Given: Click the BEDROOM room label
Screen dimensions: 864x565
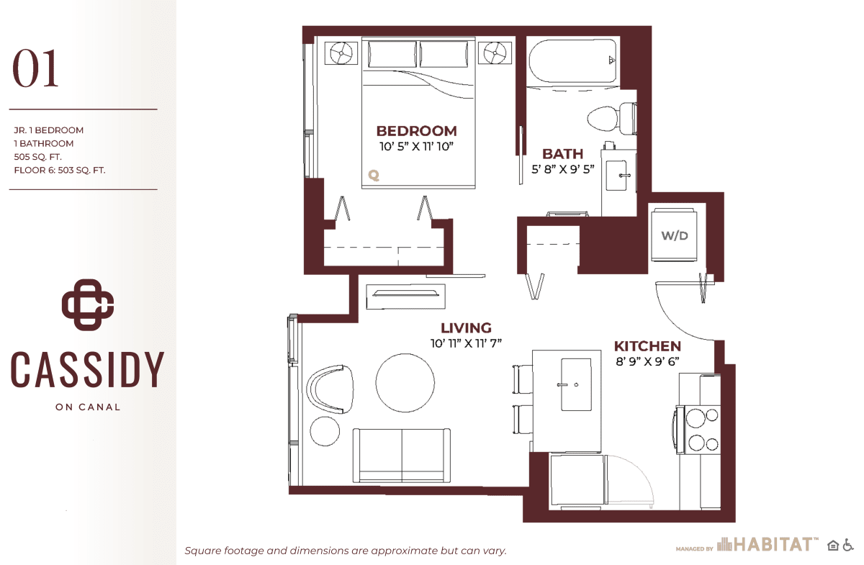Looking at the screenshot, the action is (x=417, y=131).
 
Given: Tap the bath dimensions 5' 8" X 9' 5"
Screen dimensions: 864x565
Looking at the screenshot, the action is (x=563, y=169).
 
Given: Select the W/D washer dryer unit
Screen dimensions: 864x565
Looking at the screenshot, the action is (x=674, y=235).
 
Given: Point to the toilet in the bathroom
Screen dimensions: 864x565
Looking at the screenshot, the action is (x=612, y=119).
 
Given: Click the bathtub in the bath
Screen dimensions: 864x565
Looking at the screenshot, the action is (x=572, y=60).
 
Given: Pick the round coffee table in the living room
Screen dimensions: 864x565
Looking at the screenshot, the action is (x=405, y=383).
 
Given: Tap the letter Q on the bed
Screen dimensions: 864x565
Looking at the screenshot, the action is (x=374, y=176).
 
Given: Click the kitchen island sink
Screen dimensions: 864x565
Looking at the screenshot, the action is (x=576, y=384).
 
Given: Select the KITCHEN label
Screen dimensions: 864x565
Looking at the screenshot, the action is (x=647, y=346).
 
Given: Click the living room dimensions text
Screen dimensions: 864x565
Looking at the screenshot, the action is (x=466, y=343).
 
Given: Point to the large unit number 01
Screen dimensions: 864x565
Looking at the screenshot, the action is (x=35, y=68).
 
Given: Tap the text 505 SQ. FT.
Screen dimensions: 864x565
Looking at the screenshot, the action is (x=37, y=157).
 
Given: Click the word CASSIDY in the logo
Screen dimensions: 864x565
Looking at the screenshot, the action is (x=87, y=369).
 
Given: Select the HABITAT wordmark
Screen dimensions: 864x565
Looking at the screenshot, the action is (x=775, y=545).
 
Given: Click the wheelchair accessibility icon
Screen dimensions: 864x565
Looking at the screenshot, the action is (x=848, y=546).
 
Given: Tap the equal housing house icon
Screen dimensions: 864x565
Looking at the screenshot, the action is (x=833, y=546).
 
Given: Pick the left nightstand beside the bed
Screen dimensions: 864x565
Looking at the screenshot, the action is (x=341, y=53).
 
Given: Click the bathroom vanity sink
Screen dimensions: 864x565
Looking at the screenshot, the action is (x=617, y=176).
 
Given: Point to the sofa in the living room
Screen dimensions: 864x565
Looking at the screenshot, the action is (x=402, y=455).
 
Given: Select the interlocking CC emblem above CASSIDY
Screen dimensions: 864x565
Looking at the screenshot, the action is (x=88, y=304).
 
